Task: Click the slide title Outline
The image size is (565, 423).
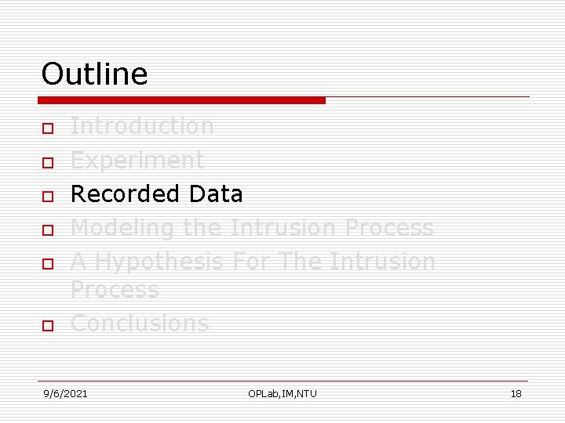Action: coord(94,74)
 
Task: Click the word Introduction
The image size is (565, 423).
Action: coord(142,125)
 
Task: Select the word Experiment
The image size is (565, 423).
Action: coord(137,160)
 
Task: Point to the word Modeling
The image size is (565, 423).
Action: coord(122,228)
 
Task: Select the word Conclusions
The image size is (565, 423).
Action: coord(140,323)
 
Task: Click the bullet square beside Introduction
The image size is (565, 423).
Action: coord(47,128)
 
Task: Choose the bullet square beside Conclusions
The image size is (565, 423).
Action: coord(47,325)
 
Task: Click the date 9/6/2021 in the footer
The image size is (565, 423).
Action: coord(65,393)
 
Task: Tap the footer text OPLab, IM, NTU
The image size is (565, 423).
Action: coord(282,393)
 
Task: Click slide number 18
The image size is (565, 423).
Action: coord(516,393)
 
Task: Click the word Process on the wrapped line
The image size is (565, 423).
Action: coord(115,290)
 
